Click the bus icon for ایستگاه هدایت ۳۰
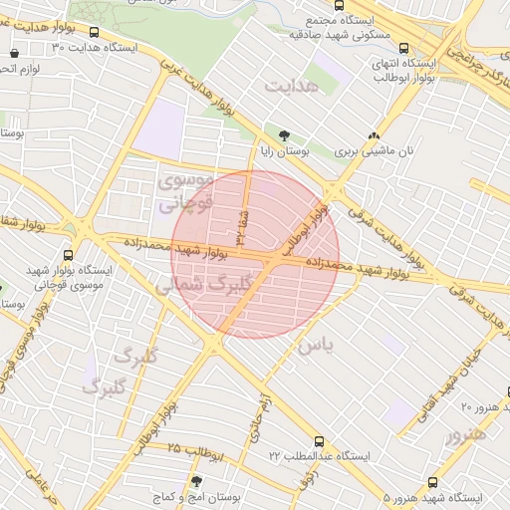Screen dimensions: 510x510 coord(94,32)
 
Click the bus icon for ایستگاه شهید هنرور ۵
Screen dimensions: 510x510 coord(431,481)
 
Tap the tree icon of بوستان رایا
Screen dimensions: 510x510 coord(286,134)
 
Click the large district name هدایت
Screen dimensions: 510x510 coord(295,87)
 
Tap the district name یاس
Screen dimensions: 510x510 coord(314,345)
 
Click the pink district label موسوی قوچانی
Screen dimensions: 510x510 coord(185,192)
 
